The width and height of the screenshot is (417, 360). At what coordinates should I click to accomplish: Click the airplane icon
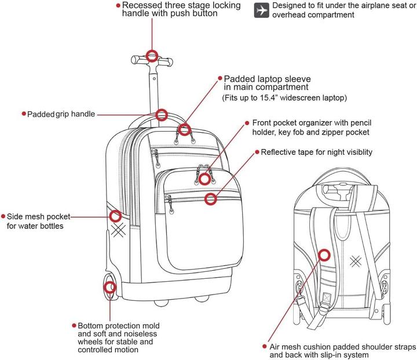click(x=262, y=10)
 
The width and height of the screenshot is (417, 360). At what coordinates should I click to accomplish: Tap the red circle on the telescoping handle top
click(x=152, y=56)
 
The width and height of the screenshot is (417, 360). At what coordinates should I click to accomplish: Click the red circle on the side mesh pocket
click(x=115, y=216)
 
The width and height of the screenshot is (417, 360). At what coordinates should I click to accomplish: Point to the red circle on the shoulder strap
click(x=324, y=254)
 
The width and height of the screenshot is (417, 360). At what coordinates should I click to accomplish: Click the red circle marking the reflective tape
click(x=211, y=199)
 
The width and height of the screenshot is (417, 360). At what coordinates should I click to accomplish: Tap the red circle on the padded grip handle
click(x=162, y=114)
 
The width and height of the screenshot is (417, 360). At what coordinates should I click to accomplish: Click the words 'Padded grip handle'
click(x=61, y=114)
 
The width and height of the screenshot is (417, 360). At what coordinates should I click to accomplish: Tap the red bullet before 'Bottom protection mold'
click(x=74, y=326)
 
